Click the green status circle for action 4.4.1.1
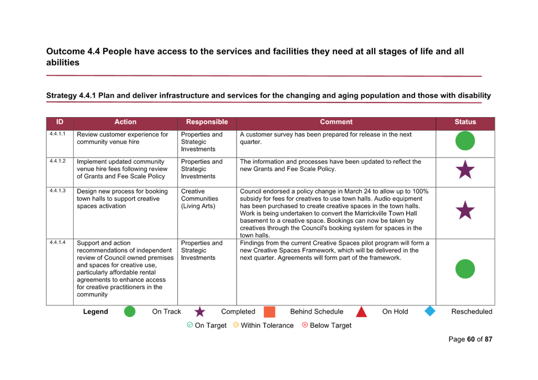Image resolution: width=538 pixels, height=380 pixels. click(465, 141)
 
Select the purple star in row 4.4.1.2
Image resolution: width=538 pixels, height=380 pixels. click(465, 170)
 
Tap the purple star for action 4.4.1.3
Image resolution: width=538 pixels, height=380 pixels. click(465, 210)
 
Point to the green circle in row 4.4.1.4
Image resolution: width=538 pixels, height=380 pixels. click(465, 269)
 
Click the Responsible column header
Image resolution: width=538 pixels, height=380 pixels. click(207, 122)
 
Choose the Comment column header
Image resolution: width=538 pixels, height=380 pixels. click(336, 122)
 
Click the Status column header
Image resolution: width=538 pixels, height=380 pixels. click(465, 122)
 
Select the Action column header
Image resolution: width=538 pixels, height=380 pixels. click(125, 122)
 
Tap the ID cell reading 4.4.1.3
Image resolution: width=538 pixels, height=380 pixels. click(57, 191)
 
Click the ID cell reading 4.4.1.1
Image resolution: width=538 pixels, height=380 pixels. click(57, 134)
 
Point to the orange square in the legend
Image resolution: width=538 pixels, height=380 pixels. click(269, 312)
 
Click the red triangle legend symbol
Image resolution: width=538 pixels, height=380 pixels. click(361, 312)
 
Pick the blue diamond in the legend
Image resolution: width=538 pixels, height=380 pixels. click(430, 311)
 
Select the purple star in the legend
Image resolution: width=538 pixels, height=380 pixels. click(199, 312)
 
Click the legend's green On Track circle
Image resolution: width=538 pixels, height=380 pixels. click(130, 311)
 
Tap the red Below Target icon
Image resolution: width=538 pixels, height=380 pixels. click(305, 325)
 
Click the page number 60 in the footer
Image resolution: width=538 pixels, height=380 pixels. click(471, 339)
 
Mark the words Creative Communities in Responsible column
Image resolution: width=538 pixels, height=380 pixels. click(199, 195)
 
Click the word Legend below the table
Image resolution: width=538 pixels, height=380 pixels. click(95, 312)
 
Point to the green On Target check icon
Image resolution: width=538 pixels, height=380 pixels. click(190, 325)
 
